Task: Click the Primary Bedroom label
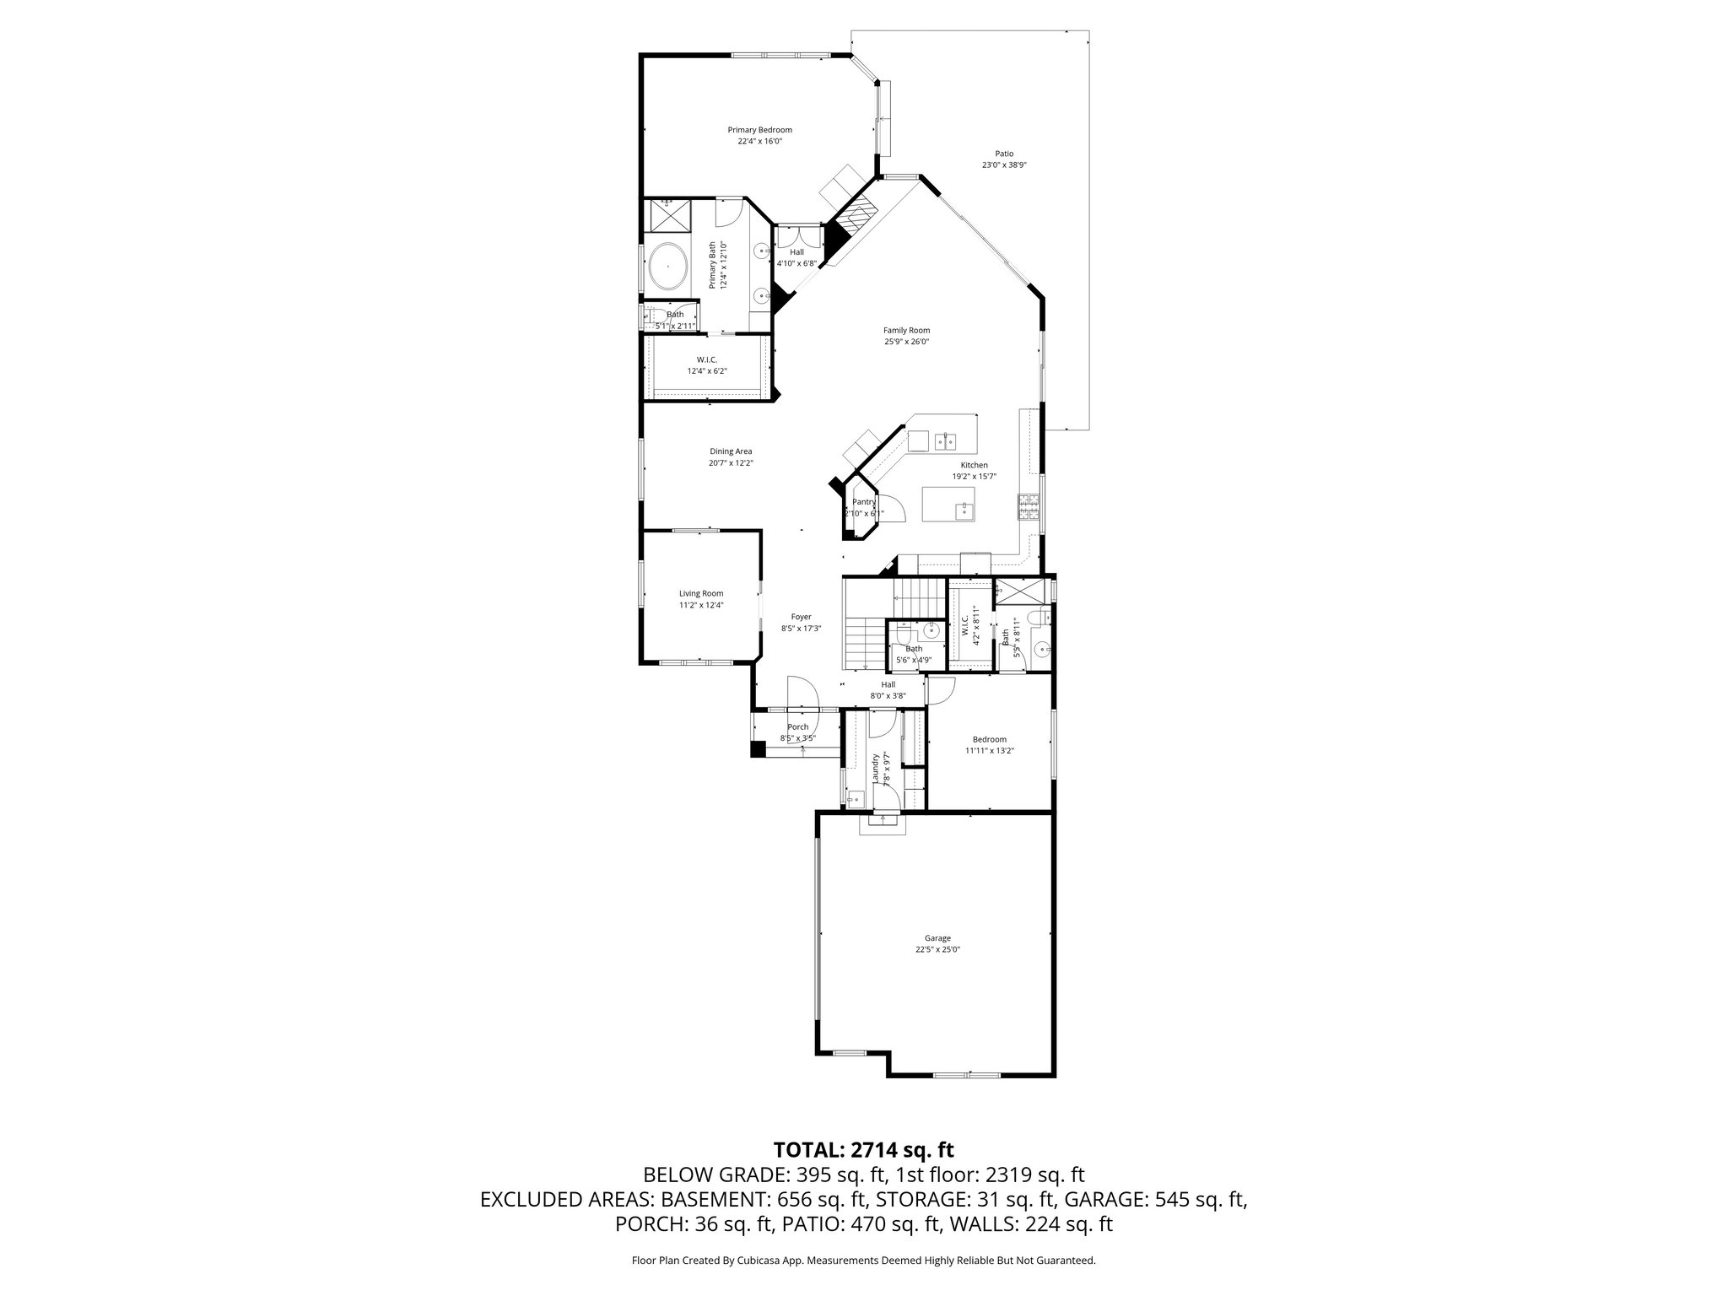coord(759,130)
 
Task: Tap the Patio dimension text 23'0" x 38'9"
coord(1003,165)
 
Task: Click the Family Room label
coord(906,331)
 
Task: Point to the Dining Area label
coord(731,451)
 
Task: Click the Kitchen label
coord(974,466)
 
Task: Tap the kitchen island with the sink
coord(948,504)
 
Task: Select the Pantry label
coord(864,502)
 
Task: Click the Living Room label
coord(701,593)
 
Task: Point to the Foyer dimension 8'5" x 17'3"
coord(801,629)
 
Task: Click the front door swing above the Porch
coord(803,694)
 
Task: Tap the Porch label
coord(797,726)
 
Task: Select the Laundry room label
coord(877,769)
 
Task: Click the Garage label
coord(937,937)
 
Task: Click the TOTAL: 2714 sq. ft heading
coord(863,1150)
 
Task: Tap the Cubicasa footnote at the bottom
coord(863,1261)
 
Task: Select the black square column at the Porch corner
coord(758,748)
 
